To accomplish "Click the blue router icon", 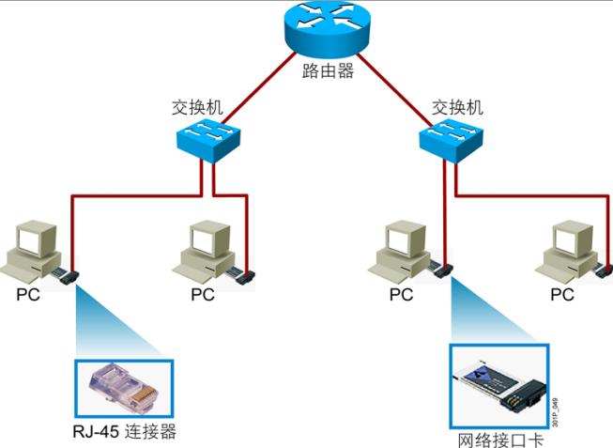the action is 327,28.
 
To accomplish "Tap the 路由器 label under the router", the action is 328,71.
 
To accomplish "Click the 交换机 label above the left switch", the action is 197,107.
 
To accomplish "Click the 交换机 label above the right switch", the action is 457,107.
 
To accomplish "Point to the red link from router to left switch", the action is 259,88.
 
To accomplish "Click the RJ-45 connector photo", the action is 124,389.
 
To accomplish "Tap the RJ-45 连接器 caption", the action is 124,432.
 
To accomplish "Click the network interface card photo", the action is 499,386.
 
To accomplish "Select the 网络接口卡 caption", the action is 500,440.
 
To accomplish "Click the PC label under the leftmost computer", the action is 28,295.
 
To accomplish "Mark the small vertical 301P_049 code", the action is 556,412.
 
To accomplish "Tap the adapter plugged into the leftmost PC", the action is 66,276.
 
